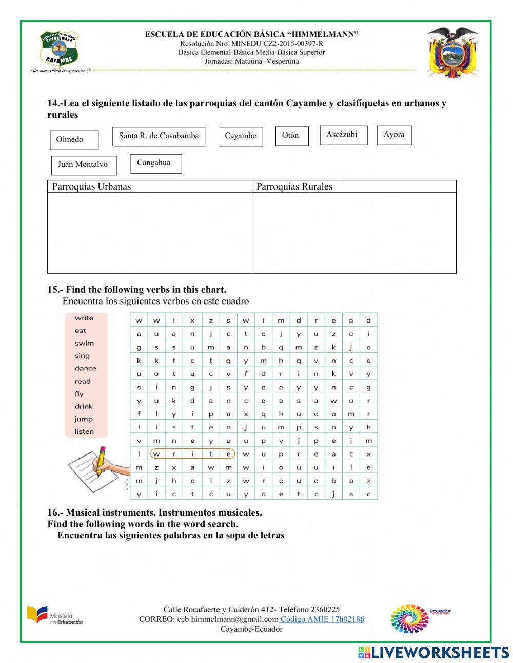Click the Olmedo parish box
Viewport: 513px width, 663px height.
(74, 140)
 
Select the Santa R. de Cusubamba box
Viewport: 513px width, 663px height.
(159, 137)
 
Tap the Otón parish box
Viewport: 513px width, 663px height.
(291, 136)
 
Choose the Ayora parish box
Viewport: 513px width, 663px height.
(394, 135)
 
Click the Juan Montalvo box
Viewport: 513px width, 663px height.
(84, 165)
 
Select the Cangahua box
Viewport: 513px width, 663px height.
(155, 163)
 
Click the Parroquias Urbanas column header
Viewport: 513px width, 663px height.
(91, 186)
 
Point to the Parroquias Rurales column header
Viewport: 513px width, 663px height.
(294, 186)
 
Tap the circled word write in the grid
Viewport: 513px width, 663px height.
(192, 454)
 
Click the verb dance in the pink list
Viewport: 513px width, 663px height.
(85, 368)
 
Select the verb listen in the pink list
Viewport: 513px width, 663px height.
(84, 431)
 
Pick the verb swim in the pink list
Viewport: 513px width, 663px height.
(84, 343)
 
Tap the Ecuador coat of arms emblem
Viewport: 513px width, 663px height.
(452, 51)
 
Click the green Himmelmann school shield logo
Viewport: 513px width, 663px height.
(59, 49)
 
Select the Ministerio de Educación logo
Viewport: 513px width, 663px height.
(55, 616)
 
